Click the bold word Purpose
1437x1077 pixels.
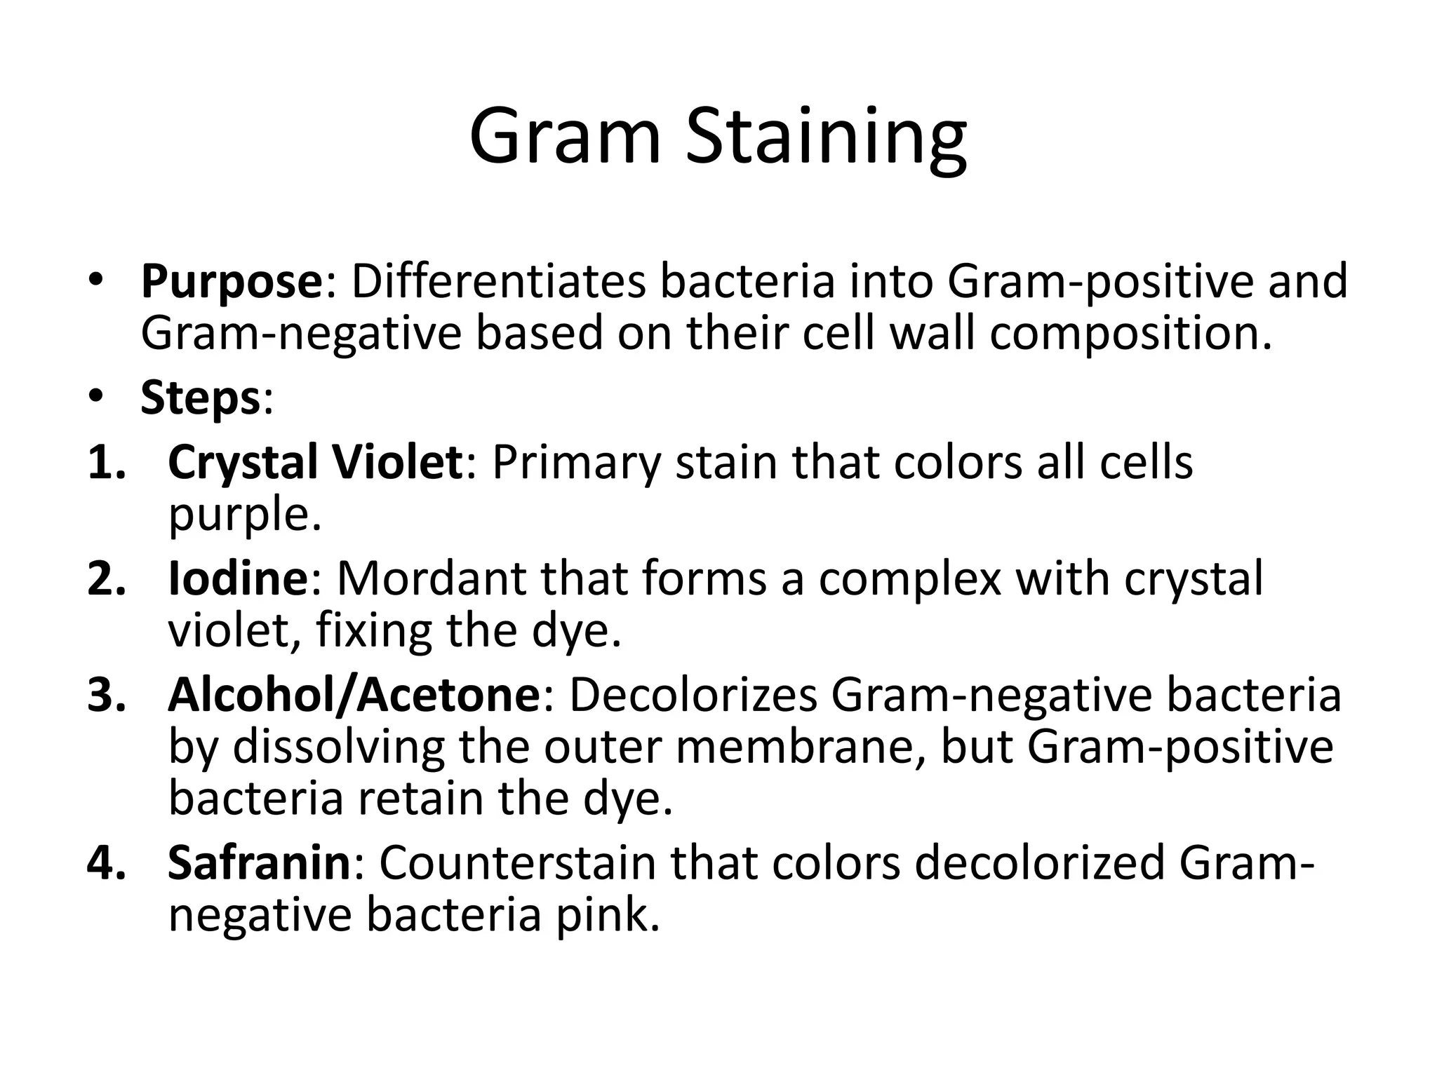231,282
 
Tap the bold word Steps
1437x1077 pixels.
201,398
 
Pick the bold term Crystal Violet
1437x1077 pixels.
315,463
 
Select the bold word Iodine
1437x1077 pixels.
237,578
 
